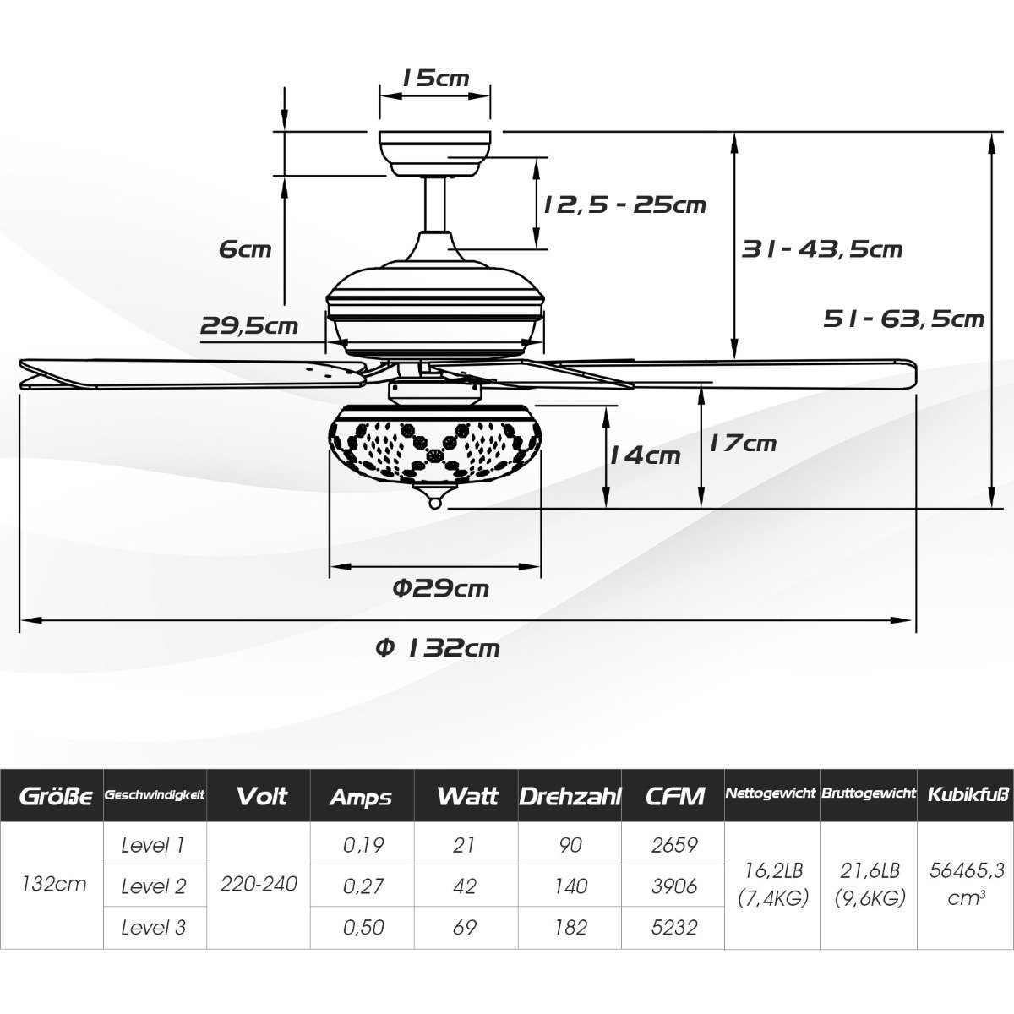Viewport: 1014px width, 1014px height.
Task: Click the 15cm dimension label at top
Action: [435, 79]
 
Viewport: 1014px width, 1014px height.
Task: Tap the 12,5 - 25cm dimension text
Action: [624, 204]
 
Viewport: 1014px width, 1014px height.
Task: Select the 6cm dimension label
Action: [245, 248]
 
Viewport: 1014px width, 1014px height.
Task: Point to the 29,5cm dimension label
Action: [249, 325]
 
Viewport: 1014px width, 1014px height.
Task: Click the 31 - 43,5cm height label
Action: [822, 249]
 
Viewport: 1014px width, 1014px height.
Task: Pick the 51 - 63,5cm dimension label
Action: [903, 319]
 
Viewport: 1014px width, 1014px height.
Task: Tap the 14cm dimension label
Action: [645, 455]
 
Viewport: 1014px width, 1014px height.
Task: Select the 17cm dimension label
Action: [743, 443]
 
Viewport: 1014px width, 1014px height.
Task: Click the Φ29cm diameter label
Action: [441, 588]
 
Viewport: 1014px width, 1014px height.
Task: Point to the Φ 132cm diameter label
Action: [438, 648]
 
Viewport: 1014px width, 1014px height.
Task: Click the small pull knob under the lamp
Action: [435, 504]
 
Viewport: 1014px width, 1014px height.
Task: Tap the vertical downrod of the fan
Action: [434, 204]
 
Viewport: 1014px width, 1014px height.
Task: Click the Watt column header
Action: [467, 796]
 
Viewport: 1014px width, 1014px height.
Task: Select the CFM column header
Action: [674, 797]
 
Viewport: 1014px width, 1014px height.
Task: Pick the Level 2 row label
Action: [153, 886]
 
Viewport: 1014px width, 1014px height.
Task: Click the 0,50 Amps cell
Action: [363, 927]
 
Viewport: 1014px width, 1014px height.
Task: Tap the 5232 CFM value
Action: [674, 927]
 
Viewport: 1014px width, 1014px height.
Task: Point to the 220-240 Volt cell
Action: [259, 884]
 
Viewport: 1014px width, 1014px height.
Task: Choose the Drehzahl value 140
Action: [571, 886]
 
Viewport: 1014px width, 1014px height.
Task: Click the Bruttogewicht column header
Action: [869, 793]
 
